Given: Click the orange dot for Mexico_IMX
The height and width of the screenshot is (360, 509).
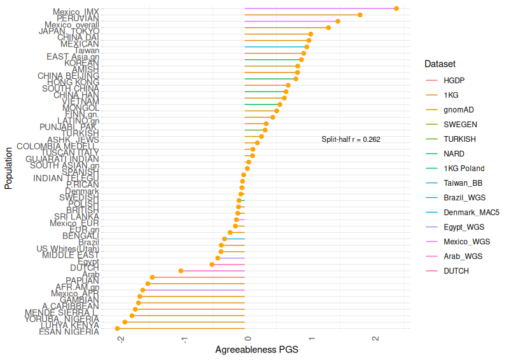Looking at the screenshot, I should point(396,8).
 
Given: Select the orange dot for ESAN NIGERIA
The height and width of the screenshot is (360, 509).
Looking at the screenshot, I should point(118,328).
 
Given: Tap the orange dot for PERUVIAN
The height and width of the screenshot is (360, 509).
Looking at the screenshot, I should point(360,15).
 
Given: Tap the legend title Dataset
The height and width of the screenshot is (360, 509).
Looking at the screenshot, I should point(440,64).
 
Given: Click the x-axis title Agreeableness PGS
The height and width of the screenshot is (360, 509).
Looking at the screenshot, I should point(256,350).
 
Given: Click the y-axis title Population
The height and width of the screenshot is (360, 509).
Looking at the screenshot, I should point(9,169).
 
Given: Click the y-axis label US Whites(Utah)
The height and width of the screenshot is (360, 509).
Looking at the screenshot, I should point(67,249).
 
